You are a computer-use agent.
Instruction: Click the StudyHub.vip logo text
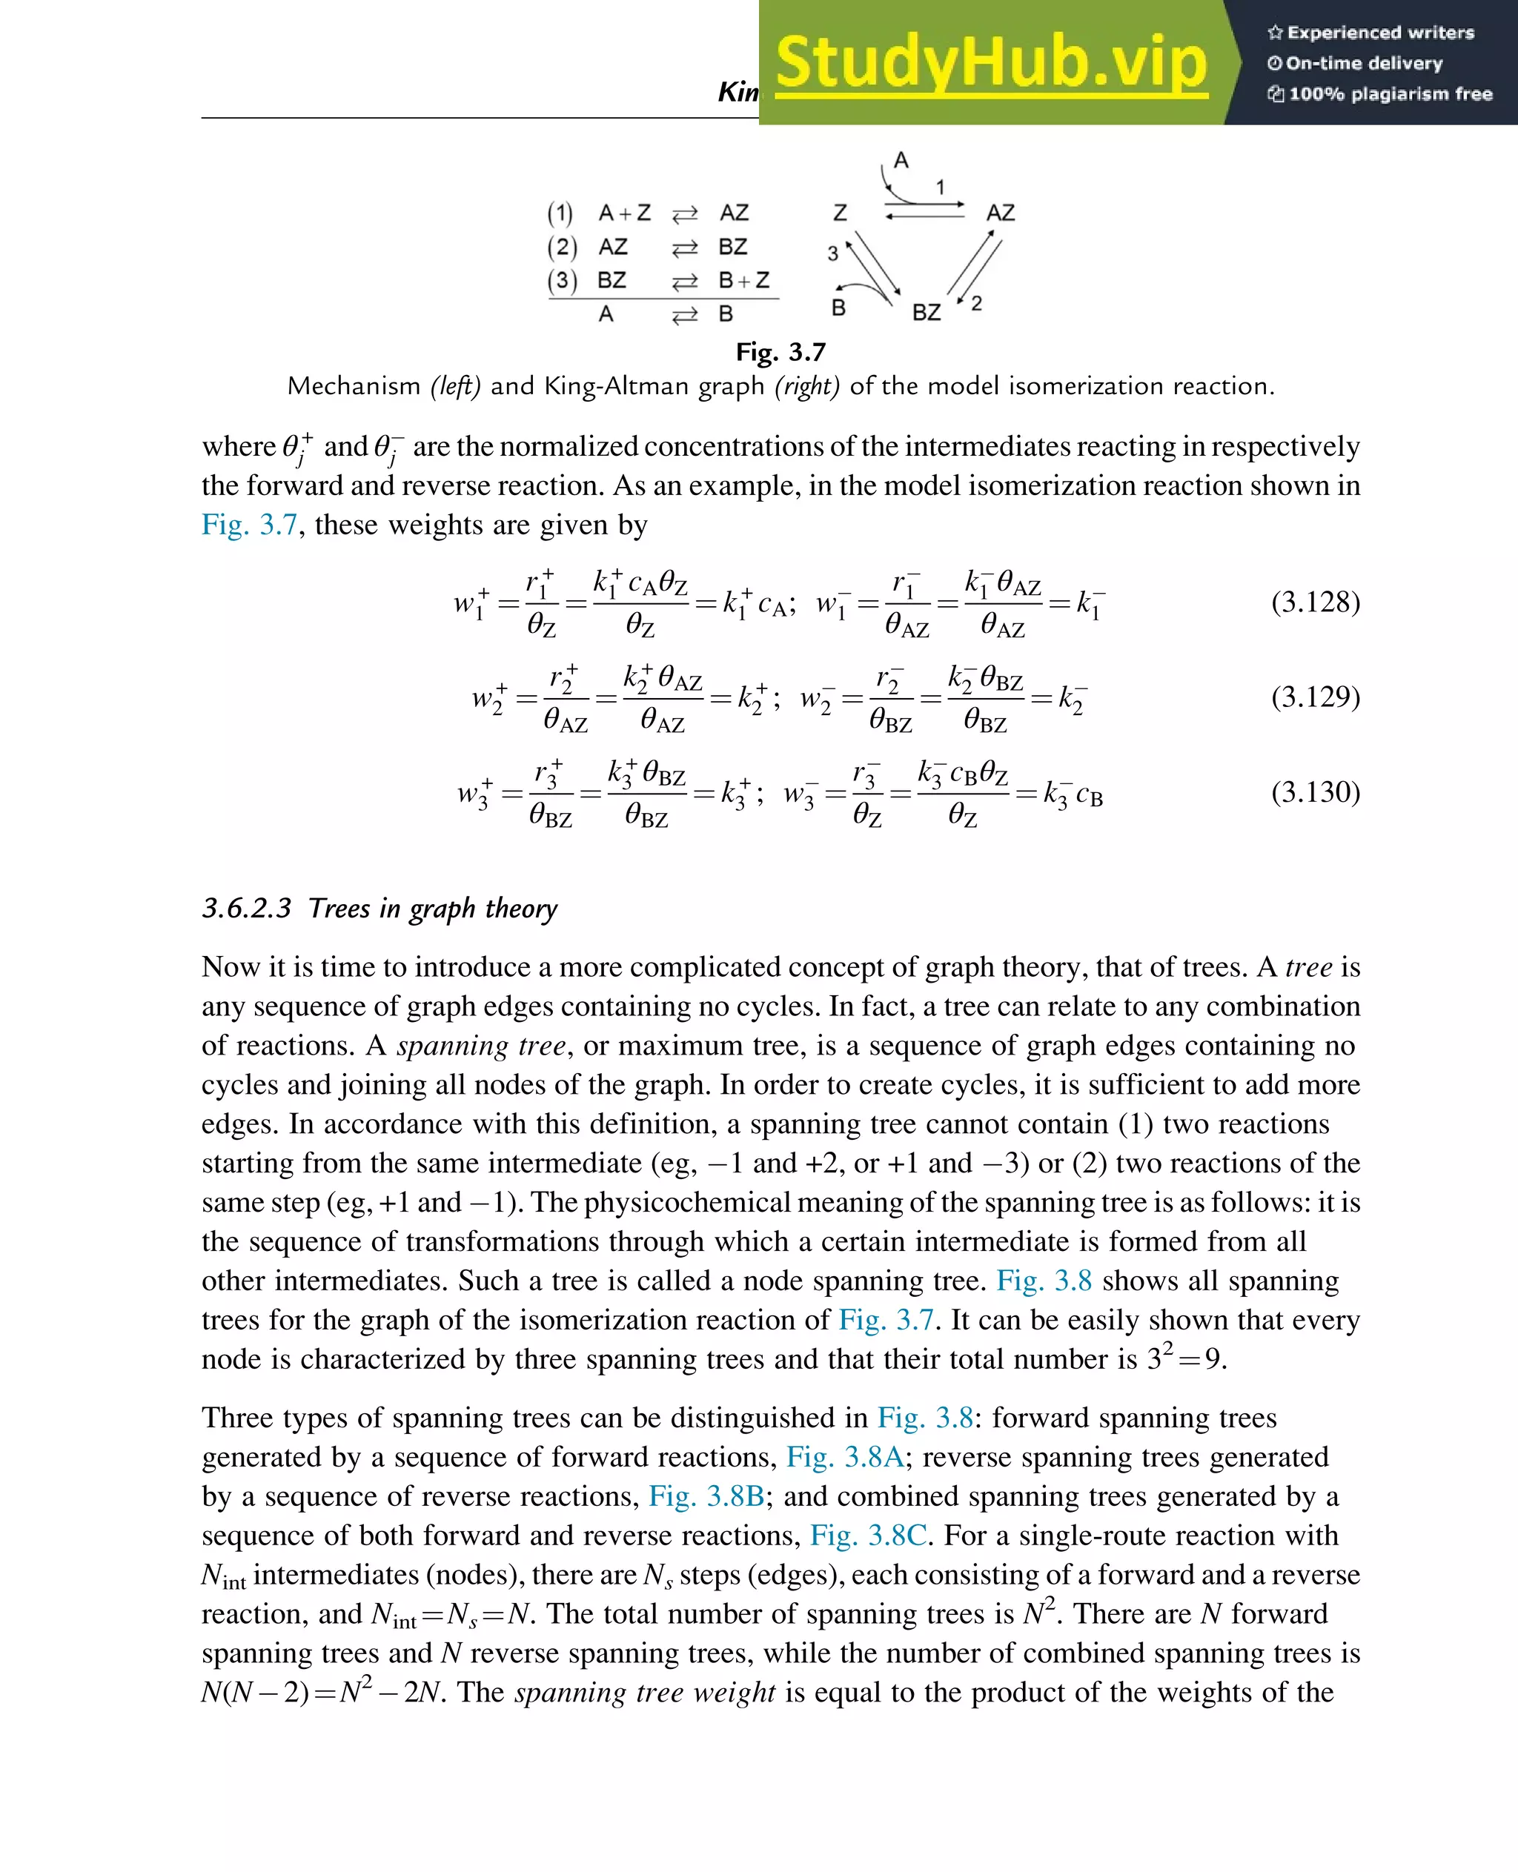point(991,63)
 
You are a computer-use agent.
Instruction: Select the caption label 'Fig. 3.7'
point(780,352)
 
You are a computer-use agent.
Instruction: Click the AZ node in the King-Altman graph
point(1001,213)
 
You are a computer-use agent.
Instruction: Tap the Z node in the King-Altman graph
point(840,213)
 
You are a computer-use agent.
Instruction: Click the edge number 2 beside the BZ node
point(977,302)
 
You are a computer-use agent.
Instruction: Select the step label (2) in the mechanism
point(563,248)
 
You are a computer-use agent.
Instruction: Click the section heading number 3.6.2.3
point(247,909)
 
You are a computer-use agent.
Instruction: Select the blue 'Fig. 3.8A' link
point(843,1457)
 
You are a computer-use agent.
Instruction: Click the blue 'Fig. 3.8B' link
point(706,1496)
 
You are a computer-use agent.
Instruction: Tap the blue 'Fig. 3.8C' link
point(868,1536)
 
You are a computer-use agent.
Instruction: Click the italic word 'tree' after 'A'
point(1308,967)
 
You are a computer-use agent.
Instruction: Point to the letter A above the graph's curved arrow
point(901,161)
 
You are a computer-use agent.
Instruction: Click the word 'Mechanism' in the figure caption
point(354,386)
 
